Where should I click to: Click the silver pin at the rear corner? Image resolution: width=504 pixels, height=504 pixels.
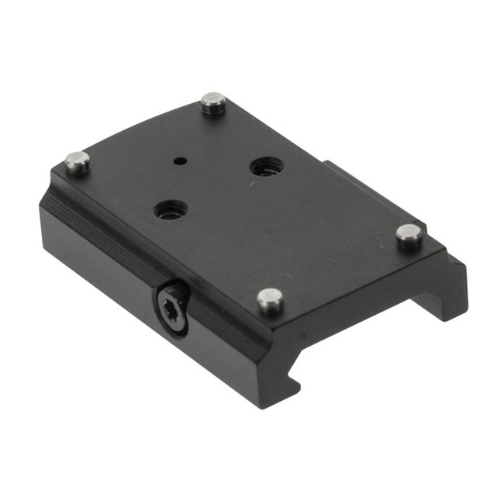pos(212,102)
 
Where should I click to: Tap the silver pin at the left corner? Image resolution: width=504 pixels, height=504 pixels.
pos(77,161)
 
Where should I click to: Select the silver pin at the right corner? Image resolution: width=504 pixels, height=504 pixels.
pos(409,234)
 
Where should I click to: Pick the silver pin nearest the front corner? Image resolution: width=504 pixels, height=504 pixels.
pos(270,299)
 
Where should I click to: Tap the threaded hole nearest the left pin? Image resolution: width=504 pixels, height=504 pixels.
pos(170,209)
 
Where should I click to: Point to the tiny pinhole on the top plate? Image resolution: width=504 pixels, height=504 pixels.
pos(179,161)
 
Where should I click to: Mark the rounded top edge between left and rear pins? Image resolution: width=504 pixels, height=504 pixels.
pos(140,128)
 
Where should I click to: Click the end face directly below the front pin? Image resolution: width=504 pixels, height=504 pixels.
pos(271,349)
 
